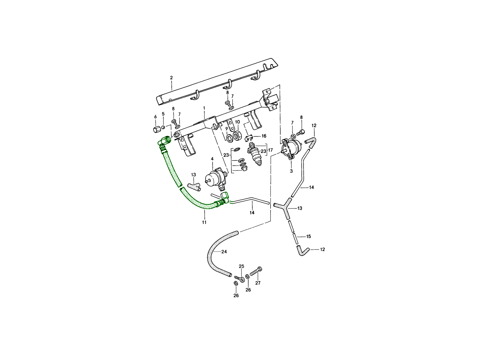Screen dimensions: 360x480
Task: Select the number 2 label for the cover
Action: click(171, 78)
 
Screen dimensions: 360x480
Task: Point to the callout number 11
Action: click(204, 222)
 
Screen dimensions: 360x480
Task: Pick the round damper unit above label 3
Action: click(290, 149)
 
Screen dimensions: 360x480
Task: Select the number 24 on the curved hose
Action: click(224, 252)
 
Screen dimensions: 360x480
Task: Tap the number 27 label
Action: click(258, 283)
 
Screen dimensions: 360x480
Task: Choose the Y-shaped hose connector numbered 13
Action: click(284, 208)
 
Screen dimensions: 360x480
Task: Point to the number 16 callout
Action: click(264, 136)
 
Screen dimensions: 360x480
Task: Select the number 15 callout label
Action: click(308, 236)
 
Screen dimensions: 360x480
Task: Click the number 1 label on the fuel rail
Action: click(204, 108)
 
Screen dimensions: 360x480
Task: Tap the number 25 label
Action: click(241, 266)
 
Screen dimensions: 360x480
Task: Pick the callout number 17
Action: click(271, 150)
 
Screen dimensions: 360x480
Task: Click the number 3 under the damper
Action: click(291, 171)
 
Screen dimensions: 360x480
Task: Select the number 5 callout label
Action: click(163, 114)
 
